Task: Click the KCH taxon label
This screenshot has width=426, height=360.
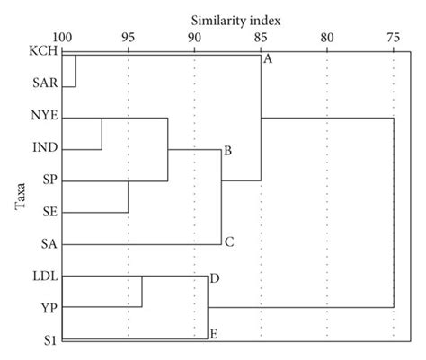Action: [x=43, y=54]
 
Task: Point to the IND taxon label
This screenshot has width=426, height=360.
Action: [x=44, y=148]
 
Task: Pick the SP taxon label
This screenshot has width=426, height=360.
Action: [x=49, y=180]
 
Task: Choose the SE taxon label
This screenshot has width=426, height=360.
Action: [x=49, y=211]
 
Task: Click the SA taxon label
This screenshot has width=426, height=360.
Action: [x=49, y=243]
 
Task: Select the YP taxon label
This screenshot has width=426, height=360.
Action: [x=49, y=307]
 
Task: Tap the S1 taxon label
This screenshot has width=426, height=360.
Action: [x=50, y=339]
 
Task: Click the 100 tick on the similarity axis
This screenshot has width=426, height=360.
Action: [x=62, y=37]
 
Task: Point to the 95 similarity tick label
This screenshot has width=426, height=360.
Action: [x=129, y=37]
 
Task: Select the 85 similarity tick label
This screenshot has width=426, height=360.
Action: [x=261, y=37]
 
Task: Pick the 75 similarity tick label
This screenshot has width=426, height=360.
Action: [x=393, y=37]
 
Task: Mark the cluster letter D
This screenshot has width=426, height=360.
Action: [x=215, y=279]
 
